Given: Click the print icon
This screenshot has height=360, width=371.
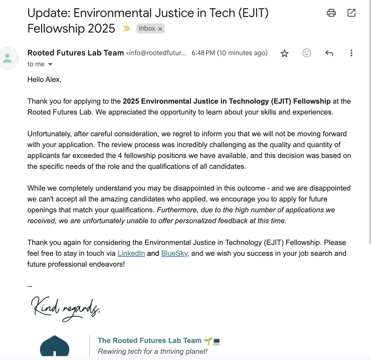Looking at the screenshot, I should coord(331,13).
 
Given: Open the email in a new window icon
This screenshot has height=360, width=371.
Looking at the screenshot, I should coord(351,13).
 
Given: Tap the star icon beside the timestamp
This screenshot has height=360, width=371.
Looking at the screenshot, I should coord(284,53).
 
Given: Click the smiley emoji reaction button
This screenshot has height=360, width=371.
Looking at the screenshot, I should coord(307,53).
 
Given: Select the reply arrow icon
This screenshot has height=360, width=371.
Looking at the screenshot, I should coord(329,53).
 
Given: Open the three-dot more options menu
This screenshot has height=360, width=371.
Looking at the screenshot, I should coord(351,53).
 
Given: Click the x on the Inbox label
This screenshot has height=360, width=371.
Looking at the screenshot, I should coord(160,29).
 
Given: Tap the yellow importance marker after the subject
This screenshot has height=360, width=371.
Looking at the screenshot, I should coord(127,28).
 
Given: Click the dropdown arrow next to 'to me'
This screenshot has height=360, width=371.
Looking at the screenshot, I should coord(50,64).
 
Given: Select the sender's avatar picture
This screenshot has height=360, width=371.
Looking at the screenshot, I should coord(8,58).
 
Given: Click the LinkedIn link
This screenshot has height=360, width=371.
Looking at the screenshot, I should coord(131,253).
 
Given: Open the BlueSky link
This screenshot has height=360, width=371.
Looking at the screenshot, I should coord(174,253).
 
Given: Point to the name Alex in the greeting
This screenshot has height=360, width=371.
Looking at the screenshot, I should coord(53,80).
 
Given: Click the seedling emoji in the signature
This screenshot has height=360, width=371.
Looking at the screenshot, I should coord(208,341).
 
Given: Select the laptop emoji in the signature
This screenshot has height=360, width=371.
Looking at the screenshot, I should coord(216,341).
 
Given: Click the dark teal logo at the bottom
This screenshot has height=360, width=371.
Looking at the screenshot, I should coord(55,346).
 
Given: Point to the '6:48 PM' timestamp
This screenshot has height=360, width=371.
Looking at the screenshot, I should coord(203,53).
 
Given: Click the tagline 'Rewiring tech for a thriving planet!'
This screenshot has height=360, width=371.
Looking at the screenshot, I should coord(153,351).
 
